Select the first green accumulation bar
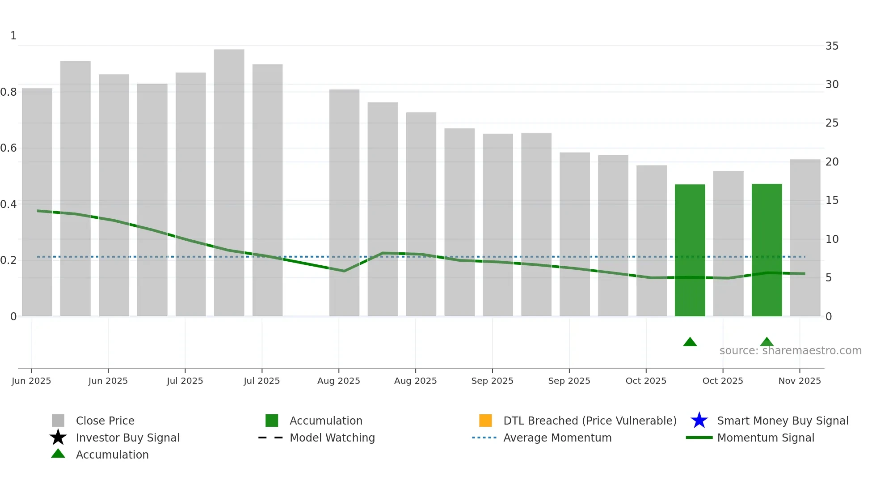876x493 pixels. pyautogui.click(x=690, y=251)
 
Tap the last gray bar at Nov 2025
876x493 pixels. pyautogui.click(x=805, y=237)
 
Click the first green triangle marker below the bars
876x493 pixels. pyautogui.click(x=690, y=342)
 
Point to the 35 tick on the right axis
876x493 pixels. pyautogui.click(x=832, y=46)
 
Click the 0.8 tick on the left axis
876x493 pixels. pyautogui.click(x=9, y=92)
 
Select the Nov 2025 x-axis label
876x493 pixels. pyautogui.click(x=800, y=381)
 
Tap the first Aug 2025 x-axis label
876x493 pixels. pyautogui.click(x=338, y=381)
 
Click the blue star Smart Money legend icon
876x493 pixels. pyautogui.click(x=699, y=421)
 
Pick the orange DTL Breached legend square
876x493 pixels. pyautogui.click(x=485, y=421)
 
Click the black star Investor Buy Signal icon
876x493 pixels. pyautogui.click(x=58, y=438)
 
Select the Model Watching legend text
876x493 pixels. pyautogui.click(x=332, y=438)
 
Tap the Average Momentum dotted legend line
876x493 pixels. pyautogui.click(x=484, y=438)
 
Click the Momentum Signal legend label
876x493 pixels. pyautogui.click(x=765, y=438)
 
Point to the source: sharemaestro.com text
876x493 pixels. pyautogui.click(x=790, y=351)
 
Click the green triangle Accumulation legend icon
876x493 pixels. pyautogui.click(x=58, y=454)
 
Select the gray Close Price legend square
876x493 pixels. pyautogui.click(x=58, y=421)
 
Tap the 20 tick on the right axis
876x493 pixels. pyautogui.click(x=832, y=162)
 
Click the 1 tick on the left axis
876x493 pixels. pyautogui.click(x=13, y=36)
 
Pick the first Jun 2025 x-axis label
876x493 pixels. pyautogui.click(x=31, y=381)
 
